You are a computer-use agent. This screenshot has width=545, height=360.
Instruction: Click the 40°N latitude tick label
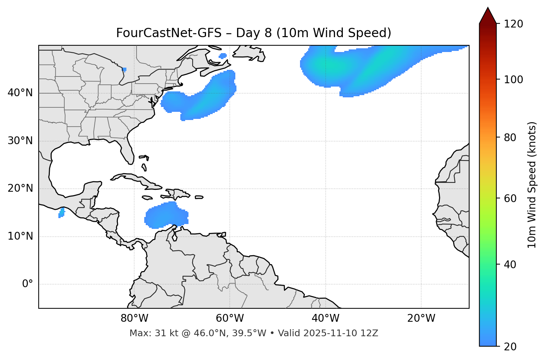click(x=20, y=93)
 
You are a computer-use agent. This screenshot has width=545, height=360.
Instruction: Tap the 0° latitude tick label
click(x=28, y=284)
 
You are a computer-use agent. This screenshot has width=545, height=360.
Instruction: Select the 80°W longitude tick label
click(x=134, y=318)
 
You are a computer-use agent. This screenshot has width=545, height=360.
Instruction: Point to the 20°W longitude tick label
click(x=421, y=318)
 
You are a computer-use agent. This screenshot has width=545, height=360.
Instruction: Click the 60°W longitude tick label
click(x=230, y=318)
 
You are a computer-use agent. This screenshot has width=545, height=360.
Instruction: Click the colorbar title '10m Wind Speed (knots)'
click(x=532, y=185)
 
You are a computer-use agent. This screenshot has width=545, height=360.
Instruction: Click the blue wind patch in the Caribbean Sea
click(x=165, y=215)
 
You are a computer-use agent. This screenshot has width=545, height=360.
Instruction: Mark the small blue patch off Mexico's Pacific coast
click(x=61, y=213)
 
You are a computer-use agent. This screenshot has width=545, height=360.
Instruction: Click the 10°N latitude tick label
click(x=20, y=236)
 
